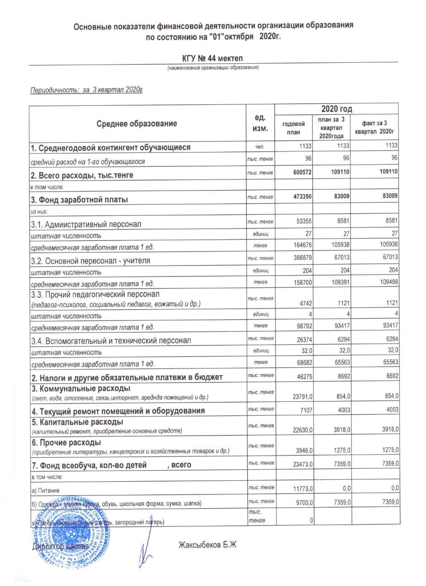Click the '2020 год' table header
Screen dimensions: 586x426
tap(336, 109)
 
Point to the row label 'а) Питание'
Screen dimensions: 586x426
tap(45, 490)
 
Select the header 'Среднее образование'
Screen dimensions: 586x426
tap(137, 123)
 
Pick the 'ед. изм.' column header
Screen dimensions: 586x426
tap(260, 123)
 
